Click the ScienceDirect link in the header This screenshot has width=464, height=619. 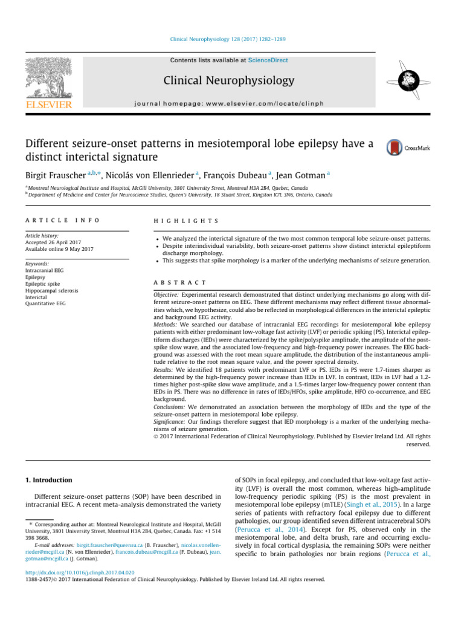click(268, 60)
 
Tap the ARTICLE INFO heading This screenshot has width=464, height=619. click(63, 222)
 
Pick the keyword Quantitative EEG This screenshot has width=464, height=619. click(46, 305)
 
